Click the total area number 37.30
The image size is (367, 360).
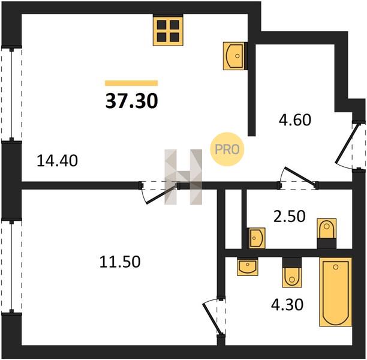(x=132, y=101)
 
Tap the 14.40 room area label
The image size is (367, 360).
(x=58, y=161)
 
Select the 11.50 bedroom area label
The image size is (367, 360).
(x=120, y=262)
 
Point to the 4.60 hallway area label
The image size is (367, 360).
(x=295, y=119)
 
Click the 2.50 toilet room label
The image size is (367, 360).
(x=290, y=216)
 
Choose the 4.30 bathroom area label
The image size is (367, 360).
(x=287, y=304)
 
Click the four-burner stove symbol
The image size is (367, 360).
(x=168, y=30)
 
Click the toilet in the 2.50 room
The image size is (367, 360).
(x=326, y=233)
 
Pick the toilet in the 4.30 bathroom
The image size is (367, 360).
(x=292, y=272)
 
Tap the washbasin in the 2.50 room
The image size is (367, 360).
(x=257, y=238)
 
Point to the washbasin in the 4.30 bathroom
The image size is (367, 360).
(x=248, y=266)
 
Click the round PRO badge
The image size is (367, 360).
(x=227, y=149)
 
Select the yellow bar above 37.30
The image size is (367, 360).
(x=131, y=83)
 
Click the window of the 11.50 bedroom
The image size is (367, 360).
(x=11, y=266)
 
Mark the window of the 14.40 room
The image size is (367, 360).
(x=11, y=94)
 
